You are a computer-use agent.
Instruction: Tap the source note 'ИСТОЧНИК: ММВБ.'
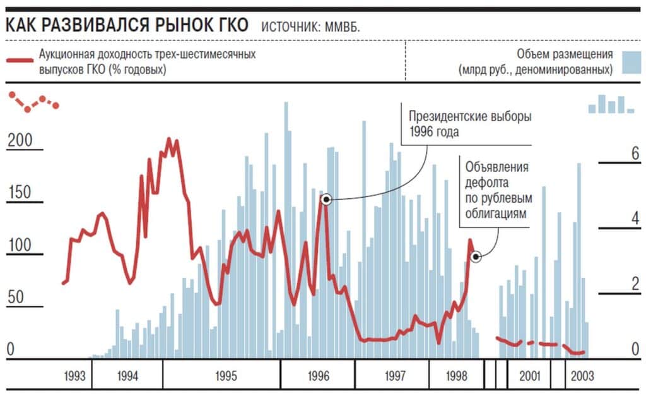310,27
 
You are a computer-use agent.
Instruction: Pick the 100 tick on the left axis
19,245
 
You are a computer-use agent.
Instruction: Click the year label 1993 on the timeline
74,376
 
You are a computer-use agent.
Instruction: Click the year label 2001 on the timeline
530,376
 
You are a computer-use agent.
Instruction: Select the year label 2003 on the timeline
582,376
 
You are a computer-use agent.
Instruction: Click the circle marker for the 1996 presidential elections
326,199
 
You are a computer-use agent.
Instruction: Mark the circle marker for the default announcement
476,256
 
